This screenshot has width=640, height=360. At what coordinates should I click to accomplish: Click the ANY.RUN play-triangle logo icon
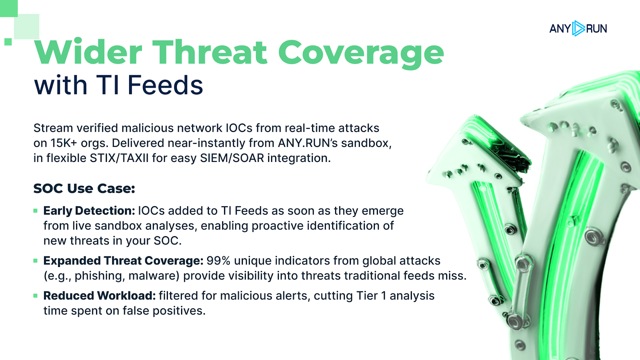578,28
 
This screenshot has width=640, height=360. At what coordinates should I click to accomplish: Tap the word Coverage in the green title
361,54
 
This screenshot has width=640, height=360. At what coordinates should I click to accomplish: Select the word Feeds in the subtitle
165,85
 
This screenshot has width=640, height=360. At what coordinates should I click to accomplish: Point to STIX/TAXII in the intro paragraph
119,158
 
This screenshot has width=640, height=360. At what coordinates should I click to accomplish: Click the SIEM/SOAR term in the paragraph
232,158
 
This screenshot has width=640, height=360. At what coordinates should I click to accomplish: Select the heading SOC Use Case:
84,188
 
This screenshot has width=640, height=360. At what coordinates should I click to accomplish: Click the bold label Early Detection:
89,211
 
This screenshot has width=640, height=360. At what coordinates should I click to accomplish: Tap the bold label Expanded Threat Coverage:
123,261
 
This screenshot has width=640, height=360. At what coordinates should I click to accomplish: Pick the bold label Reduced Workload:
100,296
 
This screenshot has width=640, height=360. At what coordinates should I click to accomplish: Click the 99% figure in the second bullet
218,261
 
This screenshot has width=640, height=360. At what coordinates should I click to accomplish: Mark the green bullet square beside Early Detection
35,211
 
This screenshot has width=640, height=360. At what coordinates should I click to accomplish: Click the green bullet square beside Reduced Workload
35,296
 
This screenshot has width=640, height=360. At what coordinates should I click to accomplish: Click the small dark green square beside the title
8,42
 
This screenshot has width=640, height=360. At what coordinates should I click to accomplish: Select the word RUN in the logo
597,29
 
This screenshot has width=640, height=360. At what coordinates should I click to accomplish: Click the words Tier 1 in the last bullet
372,296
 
